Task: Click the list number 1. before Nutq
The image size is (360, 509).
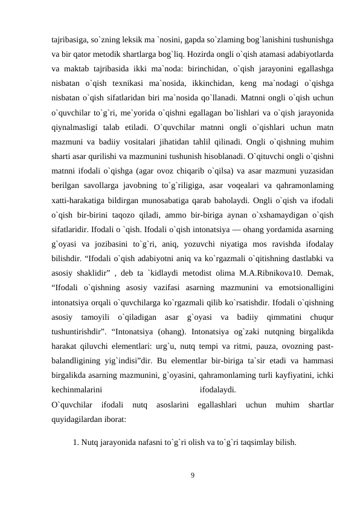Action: click(x=76, y=442)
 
